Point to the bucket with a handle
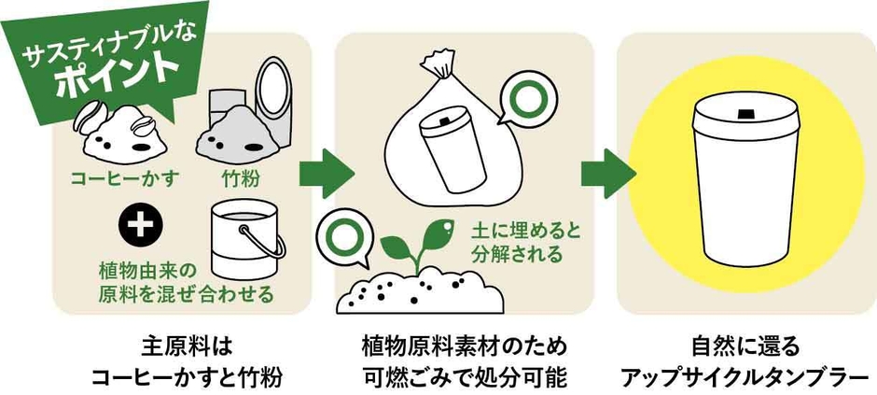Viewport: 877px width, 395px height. coord(245,233)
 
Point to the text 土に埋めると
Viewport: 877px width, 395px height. coord(509,229)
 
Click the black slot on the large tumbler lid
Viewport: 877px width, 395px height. coord(746,114)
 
